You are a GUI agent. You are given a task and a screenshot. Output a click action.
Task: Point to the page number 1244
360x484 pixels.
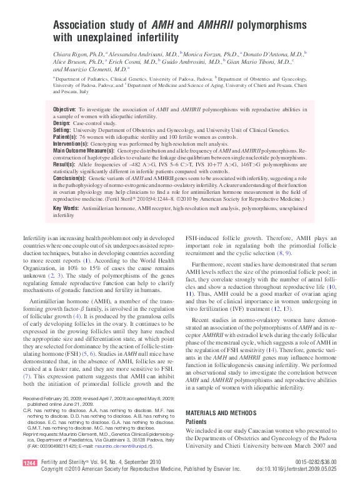click(29, 462)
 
